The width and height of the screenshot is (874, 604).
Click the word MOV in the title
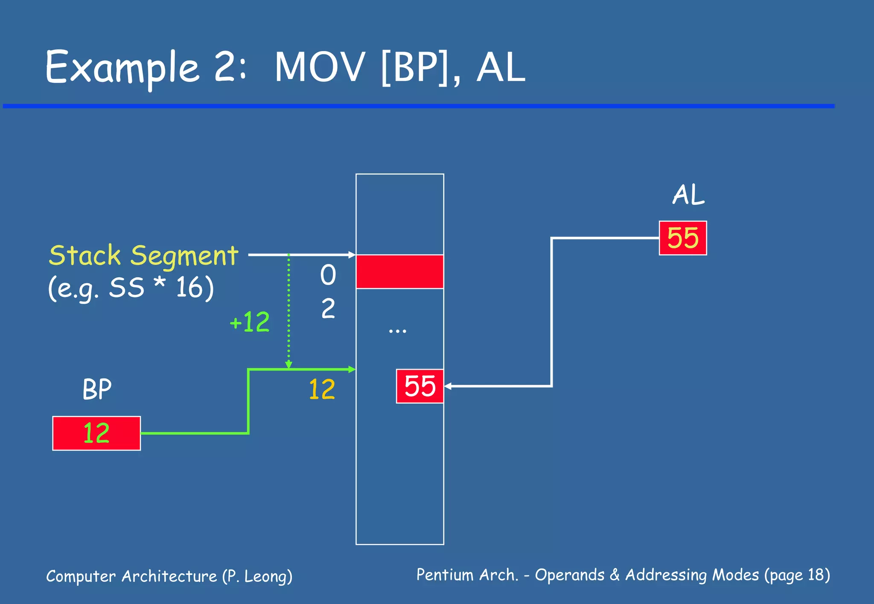[x=320, y=67]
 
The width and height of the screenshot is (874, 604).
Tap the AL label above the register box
[x=688, y=195]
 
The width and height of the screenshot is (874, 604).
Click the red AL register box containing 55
[x=683, y=238]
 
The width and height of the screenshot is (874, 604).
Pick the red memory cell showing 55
[x=420, y=386]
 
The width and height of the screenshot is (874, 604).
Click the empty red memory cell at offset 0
[x=399, y=272]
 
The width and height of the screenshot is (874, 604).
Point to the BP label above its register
[x=97, y=389]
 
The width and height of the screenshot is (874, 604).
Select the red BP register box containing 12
[x=96, y=433]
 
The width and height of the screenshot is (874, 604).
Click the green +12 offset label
[x=250, y=322]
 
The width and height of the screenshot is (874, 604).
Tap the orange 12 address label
[x=322, y=389]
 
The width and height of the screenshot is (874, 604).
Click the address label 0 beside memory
[x=328, y=275]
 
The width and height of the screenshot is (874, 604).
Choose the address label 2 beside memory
[x=328, y=308]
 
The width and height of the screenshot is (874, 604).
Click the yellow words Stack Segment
[x=143, y=256]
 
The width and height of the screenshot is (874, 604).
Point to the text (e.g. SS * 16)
[x=131, y=288]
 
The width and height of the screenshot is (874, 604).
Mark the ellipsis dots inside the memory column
[x=397, y=331]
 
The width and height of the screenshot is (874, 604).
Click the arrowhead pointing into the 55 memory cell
[x=448, y=386]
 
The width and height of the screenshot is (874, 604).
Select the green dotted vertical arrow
[x=288, y=311]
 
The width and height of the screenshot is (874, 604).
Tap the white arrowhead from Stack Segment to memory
[x=352, y=255]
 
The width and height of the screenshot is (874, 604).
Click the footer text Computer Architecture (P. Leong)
[x=169, y=576]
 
